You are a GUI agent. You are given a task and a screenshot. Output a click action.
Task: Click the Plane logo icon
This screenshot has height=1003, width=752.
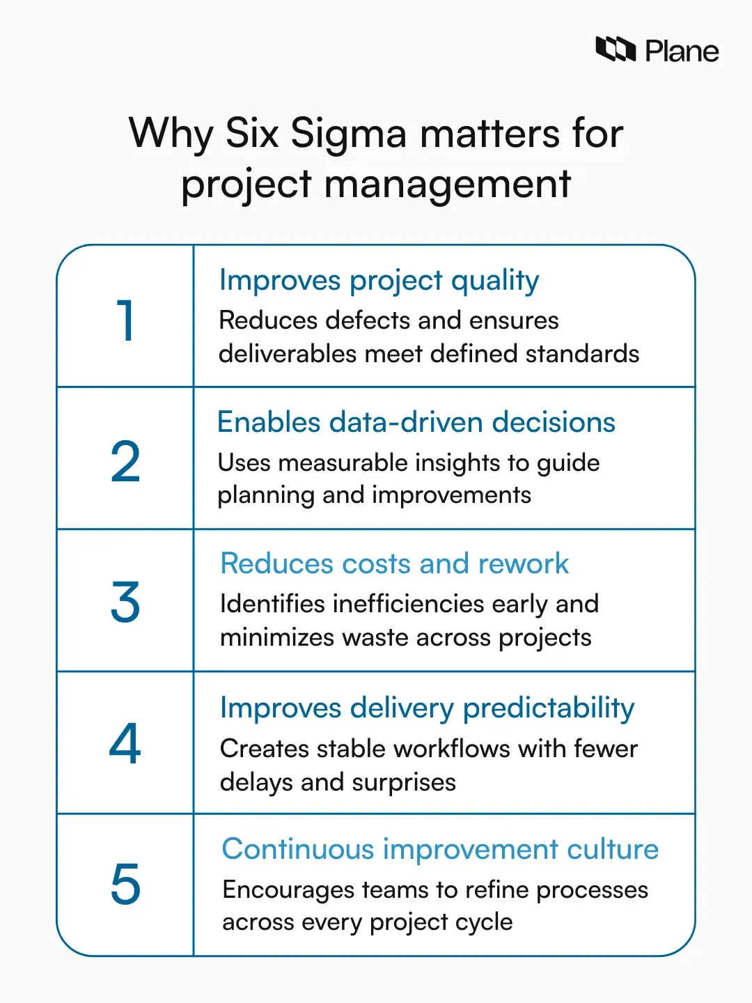[616, 50]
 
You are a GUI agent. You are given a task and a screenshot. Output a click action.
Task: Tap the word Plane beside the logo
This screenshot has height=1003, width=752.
[682, 52]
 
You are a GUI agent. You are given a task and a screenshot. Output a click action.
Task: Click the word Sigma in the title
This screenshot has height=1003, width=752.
[348, 133]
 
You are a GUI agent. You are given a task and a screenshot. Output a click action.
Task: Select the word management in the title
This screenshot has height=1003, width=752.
[448, 185]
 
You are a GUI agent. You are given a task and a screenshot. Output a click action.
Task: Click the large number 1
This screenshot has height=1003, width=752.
[125, 320]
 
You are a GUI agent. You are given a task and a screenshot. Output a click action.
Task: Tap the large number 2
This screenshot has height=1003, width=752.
[125, 462]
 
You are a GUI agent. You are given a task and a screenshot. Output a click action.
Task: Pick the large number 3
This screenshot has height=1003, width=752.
[125, 602]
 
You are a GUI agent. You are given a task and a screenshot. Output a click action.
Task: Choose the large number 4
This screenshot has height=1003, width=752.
[125, 744]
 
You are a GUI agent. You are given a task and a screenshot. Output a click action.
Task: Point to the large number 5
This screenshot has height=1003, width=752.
[125, 885]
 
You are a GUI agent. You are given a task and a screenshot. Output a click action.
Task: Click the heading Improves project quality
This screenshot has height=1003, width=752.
[379, 281]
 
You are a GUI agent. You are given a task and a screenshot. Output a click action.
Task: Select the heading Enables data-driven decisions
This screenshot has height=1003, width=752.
[416, 423]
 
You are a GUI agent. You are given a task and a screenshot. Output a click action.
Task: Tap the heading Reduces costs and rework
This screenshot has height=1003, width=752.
[394, 563]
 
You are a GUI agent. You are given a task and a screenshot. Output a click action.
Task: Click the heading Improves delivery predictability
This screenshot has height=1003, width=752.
[427, 708]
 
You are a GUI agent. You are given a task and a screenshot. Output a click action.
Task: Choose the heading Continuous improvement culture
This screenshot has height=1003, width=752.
[440, 849]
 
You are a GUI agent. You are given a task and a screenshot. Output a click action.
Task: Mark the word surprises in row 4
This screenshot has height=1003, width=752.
[403, 783]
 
